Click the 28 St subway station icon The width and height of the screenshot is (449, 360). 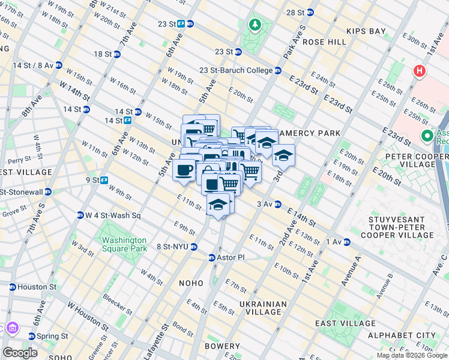point(310,12)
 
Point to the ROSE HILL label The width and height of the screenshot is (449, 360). point(324,42)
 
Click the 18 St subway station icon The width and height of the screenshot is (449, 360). point(117,54)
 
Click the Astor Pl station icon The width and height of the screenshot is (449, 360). point(211,257)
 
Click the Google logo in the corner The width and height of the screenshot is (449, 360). point(20,353)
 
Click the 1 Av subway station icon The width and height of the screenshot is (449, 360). point(346,242)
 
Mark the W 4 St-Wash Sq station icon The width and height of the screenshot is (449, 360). point(80,215)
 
